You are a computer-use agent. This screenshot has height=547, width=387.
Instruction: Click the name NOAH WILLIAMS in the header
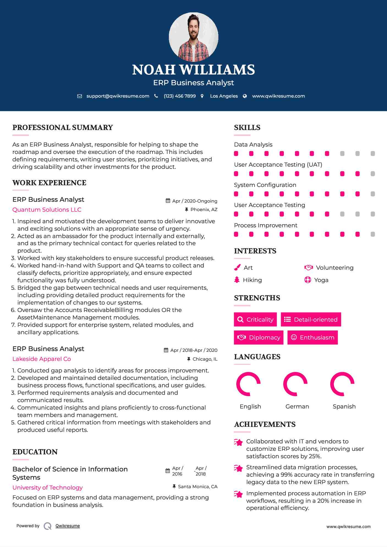click(193, 70)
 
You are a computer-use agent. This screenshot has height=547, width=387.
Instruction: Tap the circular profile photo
click(193, 37)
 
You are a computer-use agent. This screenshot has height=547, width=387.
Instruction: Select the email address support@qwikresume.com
click(118, 96)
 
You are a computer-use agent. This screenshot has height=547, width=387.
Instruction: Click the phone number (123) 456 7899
click(180, 96)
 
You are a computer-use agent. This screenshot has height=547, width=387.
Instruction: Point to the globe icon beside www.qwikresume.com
click(245, 96)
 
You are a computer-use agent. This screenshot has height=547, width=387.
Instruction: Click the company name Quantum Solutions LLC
click(47, 210)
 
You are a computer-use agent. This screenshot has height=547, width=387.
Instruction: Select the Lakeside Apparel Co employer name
click(42, 359)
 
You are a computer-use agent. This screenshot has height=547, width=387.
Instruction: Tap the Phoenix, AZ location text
click(204, 209)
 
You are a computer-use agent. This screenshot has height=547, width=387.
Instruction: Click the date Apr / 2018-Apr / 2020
click(194, 350)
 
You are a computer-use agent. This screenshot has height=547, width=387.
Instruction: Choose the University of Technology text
click(47, 488)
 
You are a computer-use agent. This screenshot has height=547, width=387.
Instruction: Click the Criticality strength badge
click(255, 319)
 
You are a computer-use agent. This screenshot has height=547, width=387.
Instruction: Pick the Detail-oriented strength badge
click(311, 319)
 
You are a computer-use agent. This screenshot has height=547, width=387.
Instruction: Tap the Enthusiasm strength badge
click(312, 337)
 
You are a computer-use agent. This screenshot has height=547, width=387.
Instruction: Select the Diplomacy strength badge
click(259, 337)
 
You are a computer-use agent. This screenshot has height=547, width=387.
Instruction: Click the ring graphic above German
click(295, 384)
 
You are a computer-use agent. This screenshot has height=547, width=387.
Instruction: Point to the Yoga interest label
click(321, 280)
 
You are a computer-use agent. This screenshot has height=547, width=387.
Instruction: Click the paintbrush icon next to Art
click(237, 267)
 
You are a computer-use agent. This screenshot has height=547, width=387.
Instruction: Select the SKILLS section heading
click(247, 128)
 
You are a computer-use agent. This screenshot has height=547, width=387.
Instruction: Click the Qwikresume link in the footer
click(68, 526)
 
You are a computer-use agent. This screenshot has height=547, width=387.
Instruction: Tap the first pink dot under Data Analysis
click(236, 153)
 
